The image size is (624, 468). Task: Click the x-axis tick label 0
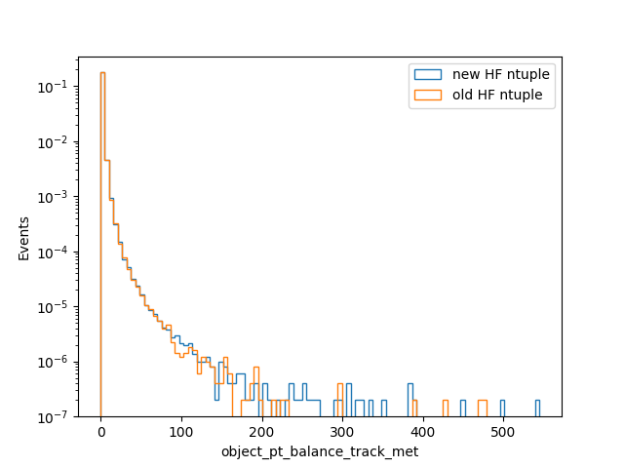pos(101,432)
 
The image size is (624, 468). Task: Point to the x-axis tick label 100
pos(181,432)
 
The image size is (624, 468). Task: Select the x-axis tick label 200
pos(262,432)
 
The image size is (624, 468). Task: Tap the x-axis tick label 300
pos(342,432)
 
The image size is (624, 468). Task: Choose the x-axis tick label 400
pos(422,432)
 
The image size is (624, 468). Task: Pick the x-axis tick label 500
pos(503,432)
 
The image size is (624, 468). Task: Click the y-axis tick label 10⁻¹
pos(52,87)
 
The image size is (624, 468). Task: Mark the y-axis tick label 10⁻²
pos(52,142)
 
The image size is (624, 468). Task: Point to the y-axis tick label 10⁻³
pos(52,197)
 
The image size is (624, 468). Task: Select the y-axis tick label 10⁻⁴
pos(52,252)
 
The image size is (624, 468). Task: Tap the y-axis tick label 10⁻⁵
pos(52,307)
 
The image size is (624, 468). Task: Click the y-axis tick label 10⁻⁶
pos(52,362)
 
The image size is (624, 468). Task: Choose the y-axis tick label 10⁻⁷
pos(52,417)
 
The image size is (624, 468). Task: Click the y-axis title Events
pos(23,239)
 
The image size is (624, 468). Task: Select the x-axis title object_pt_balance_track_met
pos(320,452)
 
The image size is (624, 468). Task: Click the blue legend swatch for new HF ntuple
pos(428,74)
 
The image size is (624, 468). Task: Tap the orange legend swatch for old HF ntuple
pos(428,96)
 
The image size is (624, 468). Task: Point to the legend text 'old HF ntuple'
pos(497,95)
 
